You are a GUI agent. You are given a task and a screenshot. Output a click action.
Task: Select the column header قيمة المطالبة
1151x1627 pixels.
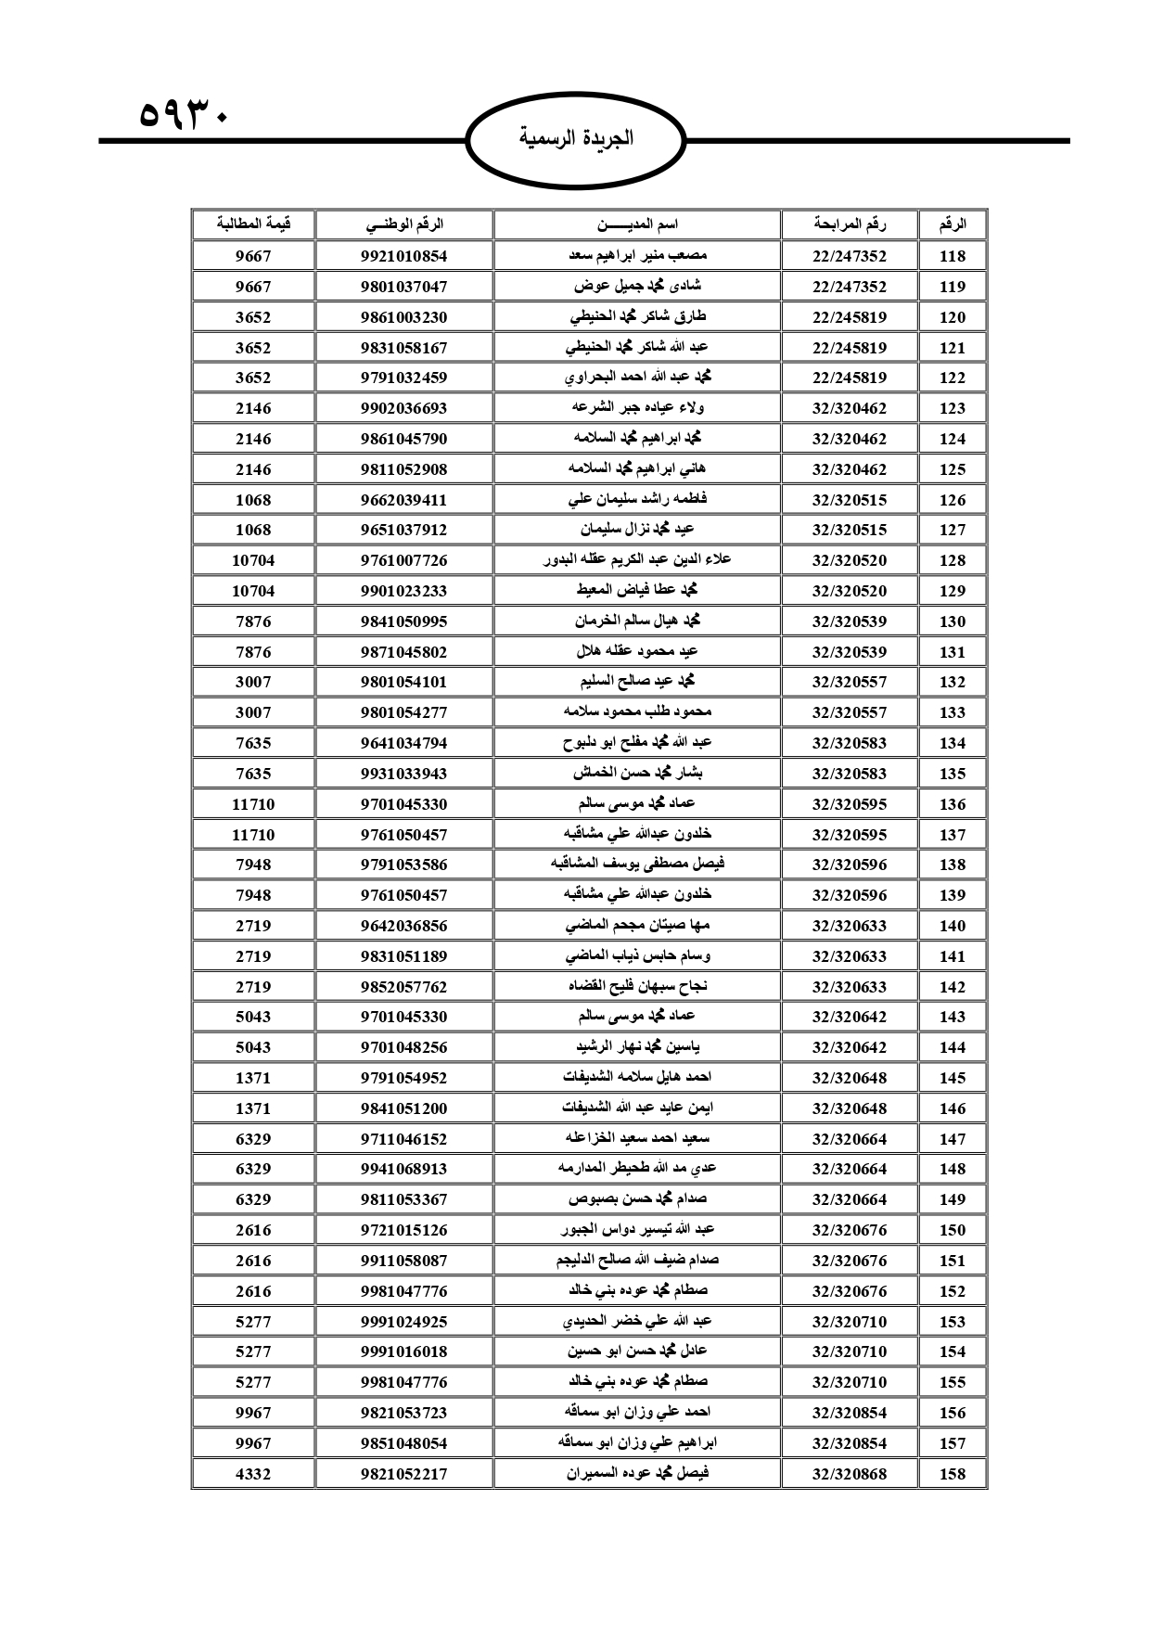(x=253, y=224)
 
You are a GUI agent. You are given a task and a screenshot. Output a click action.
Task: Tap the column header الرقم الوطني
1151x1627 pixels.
(x=403, y=224)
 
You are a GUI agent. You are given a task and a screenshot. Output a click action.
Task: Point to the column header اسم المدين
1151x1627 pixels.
(x=636, y=224)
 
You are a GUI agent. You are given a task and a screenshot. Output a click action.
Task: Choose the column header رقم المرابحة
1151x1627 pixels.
(x=849, y=224)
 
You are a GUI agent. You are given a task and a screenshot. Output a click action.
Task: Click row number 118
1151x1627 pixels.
(x=953, y=256)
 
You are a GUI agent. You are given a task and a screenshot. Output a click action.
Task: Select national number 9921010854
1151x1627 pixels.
(x=403, y=256)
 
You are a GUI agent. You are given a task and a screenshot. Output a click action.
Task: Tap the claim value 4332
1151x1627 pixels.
(x=253, y=1473)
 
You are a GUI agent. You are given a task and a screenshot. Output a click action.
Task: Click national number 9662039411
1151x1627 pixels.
(x=403, y=500)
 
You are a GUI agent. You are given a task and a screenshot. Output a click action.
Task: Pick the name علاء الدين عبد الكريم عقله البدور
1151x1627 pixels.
(x=636, y=560)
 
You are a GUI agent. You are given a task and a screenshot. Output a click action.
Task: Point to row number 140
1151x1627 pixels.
(x=953, y=926)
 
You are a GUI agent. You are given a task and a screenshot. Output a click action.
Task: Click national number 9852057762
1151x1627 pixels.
(x=403, y=987)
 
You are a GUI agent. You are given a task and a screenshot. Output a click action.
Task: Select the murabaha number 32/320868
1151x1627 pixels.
(x=849, y=1473)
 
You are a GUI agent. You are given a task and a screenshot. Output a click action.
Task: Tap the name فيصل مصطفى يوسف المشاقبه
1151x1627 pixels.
(x=636, y=865)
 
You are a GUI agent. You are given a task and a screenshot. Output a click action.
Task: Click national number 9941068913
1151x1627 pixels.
(x=403, y=1169)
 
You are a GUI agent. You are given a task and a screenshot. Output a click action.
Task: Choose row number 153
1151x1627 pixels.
(x=953, y=1321)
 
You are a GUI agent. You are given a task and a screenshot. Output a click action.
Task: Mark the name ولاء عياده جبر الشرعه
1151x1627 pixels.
(x=636, y=408)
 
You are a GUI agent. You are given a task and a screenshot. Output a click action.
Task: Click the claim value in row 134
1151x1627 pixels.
(x=253, y=743)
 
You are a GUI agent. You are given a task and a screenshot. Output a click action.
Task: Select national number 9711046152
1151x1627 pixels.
(x=403, y=1138)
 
